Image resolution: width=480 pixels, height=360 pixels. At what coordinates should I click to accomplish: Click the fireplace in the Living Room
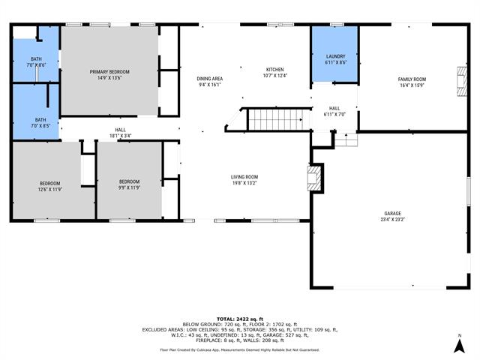pyautogui.click(x=316, y=179)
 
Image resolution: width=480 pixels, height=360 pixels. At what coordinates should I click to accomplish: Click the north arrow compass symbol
pyautogui.click(x=459, y=346)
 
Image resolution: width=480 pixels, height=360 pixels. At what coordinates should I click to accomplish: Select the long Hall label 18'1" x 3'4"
pyautogui.click(x=120, y=133)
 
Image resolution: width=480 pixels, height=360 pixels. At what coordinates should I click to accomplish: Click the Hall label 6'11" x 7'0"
pyautogui.click(x=334, y=111)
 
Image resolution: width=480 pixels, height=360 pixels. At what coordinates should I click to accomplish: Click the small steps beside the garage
pyautogui.click(x=346, y=140)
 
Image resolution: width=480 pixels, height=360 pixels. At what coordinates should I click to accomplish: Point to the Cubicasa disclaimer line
pyautogui.click(x=239, y=349)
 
